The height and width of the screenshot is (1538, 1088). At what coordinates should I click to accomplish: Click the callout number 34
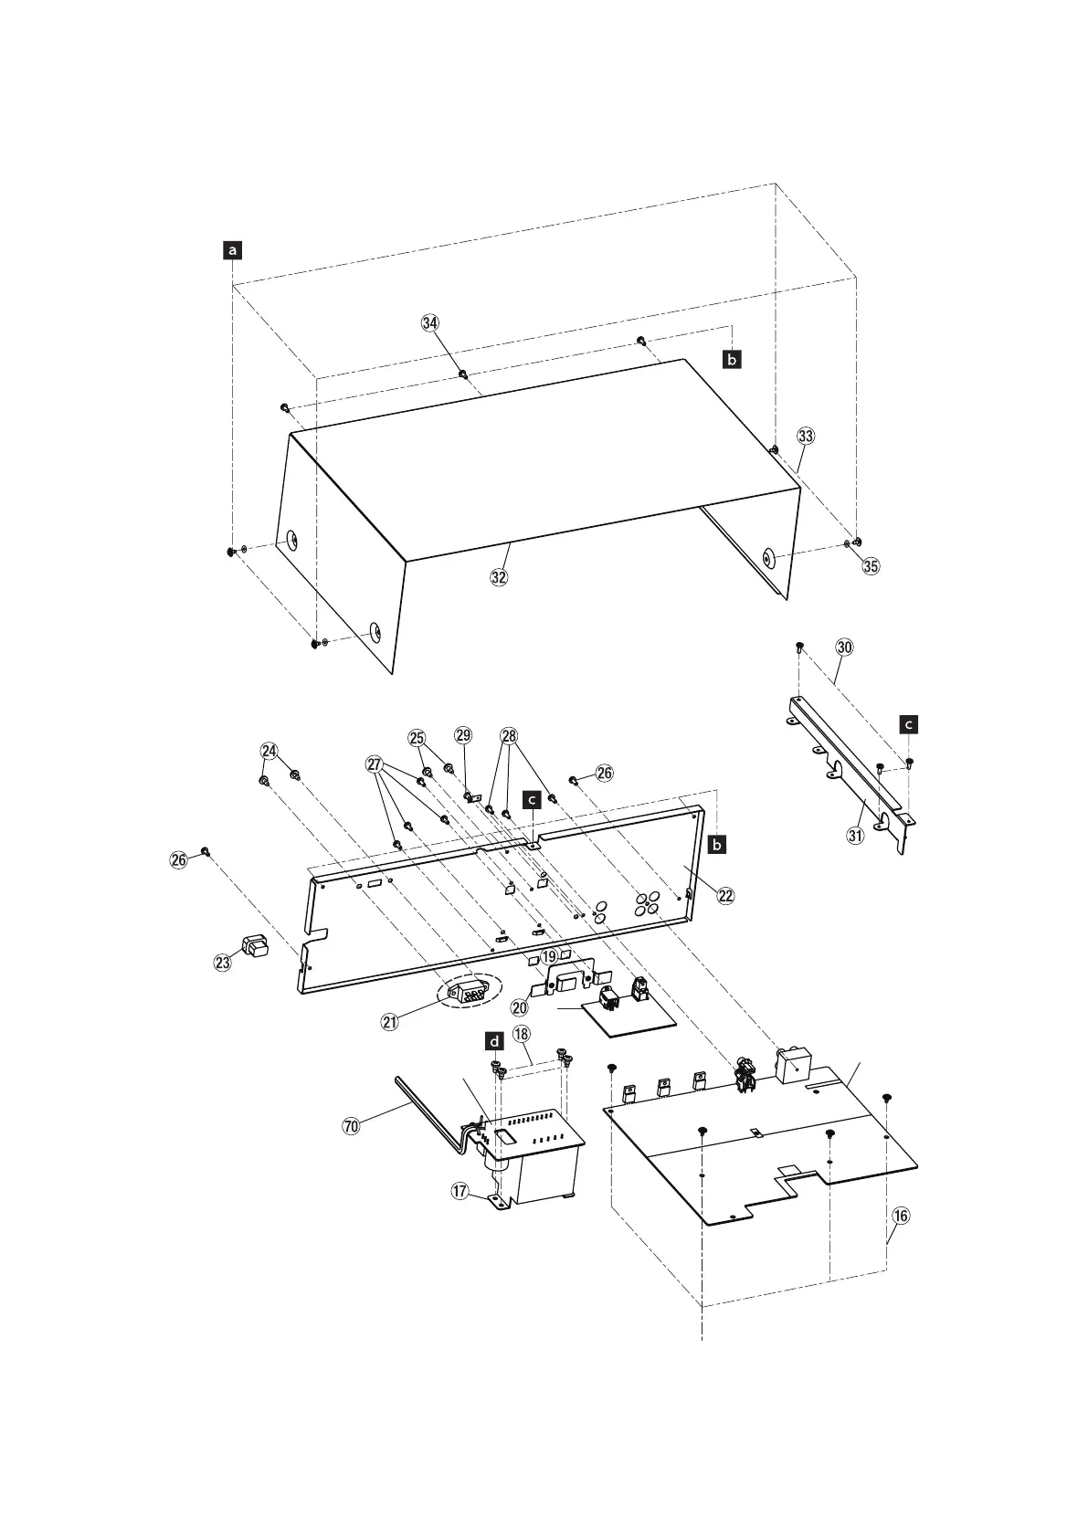(x=429, y=322)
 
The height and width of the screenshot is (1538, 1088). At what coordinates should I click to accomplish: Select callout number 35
(x=871, y=565)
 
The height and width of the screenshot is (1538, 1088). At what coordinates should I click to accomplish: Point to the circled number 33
(x=805, y=436)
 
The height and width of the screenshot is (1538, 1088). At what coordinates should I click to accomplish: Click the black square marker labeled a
(x=234, y=249)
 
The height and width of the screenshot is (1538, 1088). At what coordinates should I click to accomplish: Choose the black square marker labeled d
(x=494, y=1041)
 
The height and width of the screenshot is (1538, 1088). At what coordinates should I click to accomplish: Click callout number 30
(x=844, y=647)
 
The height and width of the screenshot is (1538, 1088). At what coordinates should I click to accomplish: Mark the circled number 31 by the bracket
(x=855, y=835)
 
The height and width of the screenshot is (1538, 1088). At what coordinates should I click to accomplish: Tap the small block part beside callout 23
(x=255, y=943)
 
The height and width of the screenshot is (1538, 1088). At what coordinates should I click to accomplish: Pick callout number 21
(x=390, y=1022)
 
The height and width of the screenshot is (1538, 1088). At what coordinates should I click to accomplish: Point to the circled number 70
(x=351, y=1126)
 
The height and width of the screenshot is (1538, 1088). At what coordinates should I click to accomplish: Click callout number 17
(x=459, y=1191)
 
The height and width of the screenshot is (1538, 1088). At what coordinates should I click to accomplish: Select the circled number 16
(x=901, y=1216)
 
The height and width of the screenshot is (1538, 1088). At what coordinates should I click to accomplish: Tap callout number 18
(x=522, y=1034)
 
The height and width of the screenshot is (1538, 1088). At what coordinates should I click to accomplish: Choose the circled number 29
(x=463, y=735)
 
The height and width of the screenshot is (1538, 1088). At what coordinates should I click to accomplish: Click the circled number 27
(x=375, y=764)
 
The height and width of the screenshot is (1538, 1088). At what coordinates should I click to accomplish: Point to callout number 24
(x=269, y=751)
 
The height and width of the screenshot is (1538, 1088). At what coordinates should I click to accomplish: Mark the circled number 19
(x=548, y=956)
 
